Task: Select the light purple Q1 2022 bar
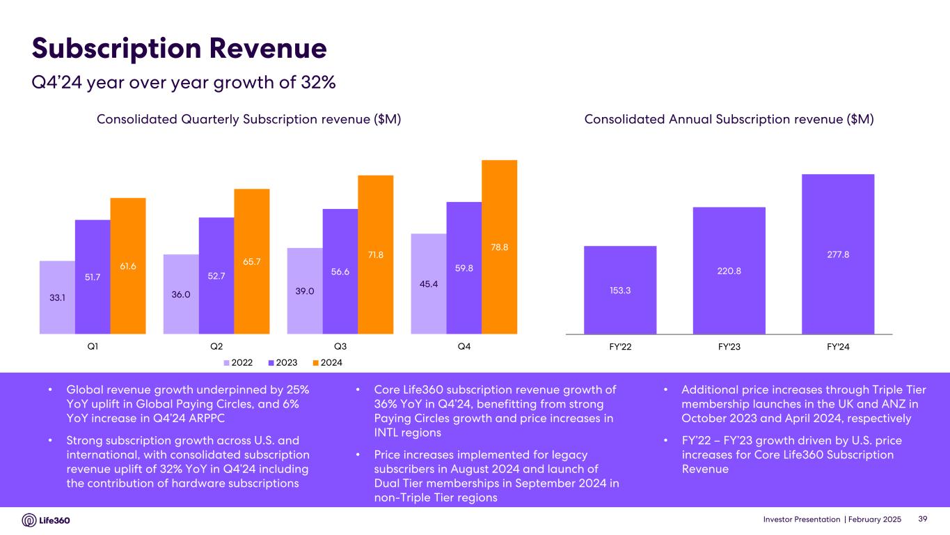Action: [x=57, y=297]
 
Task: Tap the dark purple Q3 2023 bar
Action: [x=340, y=271]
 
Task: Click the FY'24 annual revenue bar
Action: [x=837, y=254]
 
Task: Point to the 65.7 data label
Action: [x=251, y=261]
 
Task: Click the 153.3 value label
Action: [x=619, y=290]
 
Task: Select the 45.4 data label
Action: [x=428, y=282]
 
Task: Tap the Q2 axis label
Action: [x=216, y=346]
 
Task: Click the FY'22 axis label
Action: [x=619, y=346]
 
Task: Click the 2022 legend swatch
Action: [x=227, y=362]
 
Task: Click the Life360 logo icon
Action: [x=29, y=520]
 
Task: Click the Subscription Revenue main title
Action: [x=180, y=48]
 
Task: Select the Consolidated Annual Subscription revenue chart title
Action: [x=729, y=120]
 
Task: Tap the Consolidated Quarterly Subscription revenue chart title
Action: [x=248, y=120]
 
